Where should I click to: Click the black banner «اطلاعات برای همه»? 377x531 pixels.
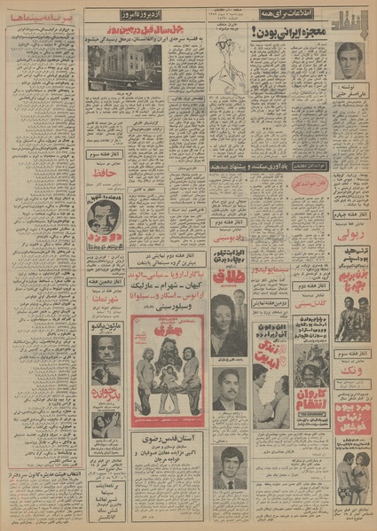270,15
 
